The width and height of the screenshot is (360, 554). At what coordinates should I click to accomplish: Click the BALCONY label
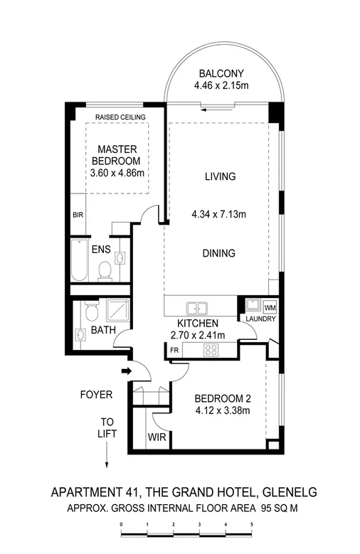(221, 73)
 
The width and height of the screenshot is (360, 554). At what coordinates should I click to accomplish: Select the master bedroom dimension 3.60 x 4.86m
(117, 173)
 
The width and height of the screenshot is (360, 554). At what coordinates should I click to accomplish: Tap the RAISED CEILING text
(120, 117)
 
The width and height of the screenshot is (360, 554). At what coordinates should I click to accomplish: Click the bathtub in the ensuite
(78, 260)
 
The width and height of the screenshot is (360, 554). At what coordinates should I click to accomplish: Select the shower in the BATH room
(115, 310)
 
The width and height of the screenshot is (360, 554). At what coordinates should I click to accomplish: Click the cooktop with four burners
(211, 349)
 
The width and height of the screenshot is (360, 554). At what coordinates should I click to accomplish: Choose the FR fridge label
(174, 349)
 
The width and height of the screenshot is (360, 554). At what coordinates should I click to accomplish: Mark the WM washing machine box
(270, 307)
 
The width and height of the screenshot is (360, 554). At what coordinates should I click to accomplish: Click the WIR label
(157, 437)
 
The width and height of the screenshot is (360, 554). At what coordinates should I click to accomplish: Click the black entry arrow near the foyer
(127, 371)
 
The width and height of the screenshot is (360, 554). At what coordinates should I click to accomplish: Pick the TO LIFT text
(107, 427)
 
